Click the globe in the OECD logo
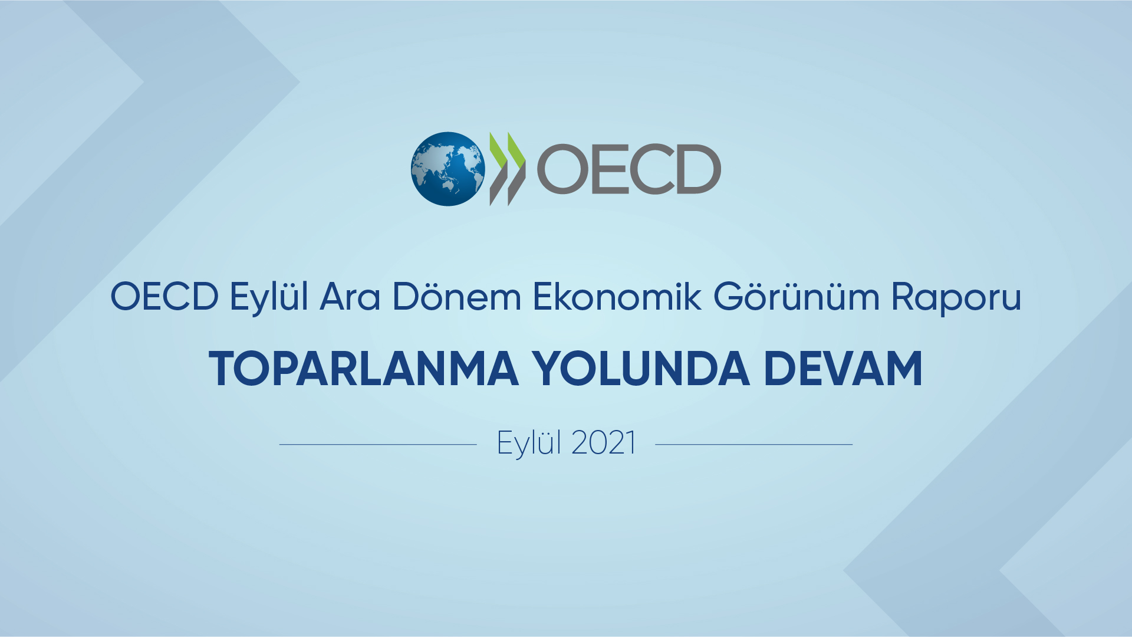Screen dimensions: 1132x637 [x=448, y=169]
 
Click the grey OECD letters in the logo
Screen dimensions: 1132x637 [x=629, y=169]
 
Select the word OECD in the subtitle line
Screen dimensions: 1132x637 [x=164, y=296]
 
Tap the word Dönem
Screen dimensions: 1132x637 [x=457, y=296]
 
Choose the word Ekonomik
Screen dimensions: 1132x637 [x=617, y=296]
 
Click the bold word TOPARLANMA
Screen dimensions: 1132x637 [x=364, y=369]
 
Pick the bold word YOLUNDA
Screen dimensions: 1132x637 [x=641, y=369]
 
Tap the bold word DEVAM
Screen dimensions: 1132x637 [x=843, y=369]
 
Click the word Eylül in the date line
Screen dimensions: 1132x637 [x=529, y=444]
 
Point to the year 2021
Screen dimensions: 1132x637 [x=604, y=443]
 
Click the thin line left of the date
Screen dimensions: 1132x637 [x=378, y=444]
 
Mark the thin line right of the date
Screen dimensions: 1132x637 [x=754, y=444]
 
